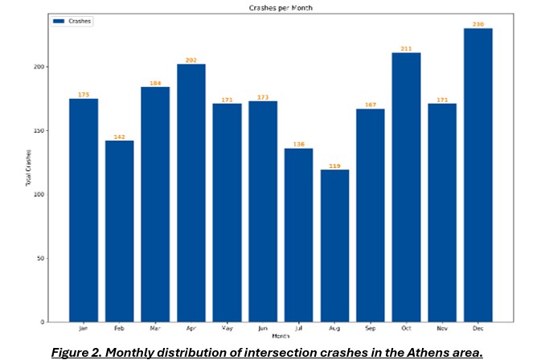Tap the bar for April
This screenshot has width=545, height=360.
click(191, 193)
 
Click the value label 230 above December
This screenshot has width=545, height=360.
click(477, 24)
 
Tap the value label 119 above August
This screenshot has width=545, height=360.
click(334, 166)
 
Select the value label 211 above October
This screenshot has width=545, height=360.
click(406, 49)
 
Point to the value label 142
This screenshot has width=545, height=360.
click(120, 137)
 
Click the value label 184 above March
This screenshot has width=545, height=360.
click(155, 83)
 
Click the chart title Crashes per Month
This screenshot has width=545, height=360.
click(280, 7)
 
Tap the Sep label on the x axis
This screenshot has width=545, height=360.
click(370, 328)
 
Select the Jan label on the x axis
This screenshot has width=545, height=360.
click(84, 328)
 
